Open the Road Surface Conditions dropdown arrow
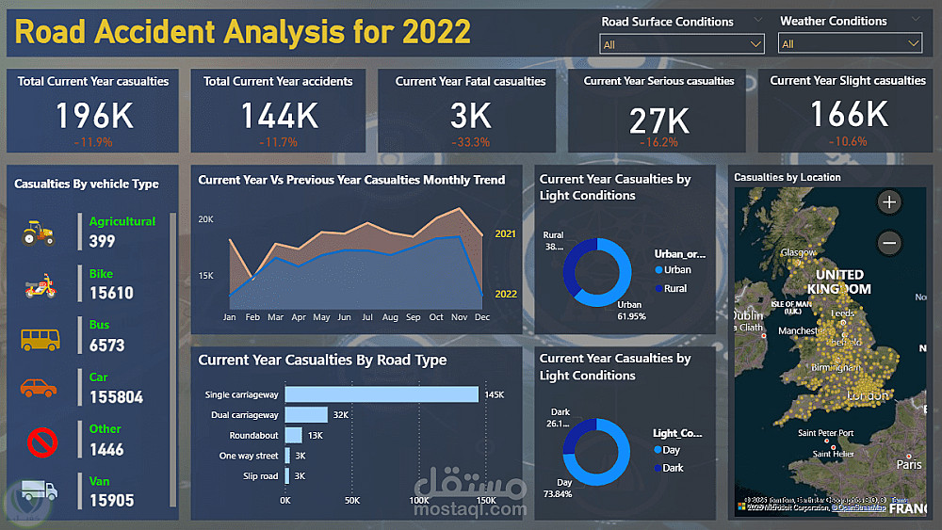(755, 44)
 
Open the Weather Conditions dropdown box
(849, 44)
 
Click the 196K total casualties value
(93, 116)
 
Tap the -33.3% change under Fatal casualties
(470, 142)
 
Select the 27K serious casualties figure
(658, 120)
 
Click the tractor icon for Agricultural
(39, 232)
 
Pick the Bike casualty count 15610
(111, 293)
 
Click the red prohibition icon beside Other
(42, 442)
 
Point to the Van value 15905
(111, 501)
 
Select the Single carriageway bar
(382, 394)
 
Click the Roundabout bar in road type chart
(293, 435)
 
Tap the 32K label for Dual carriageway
(340, 415)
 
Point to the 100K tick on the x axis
(420, 500)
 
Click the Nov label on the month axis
(459, 317)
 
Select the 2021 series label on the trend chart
(505, 233)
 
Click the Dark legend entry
(673, 467)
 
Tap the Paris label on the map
(909, 464)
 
